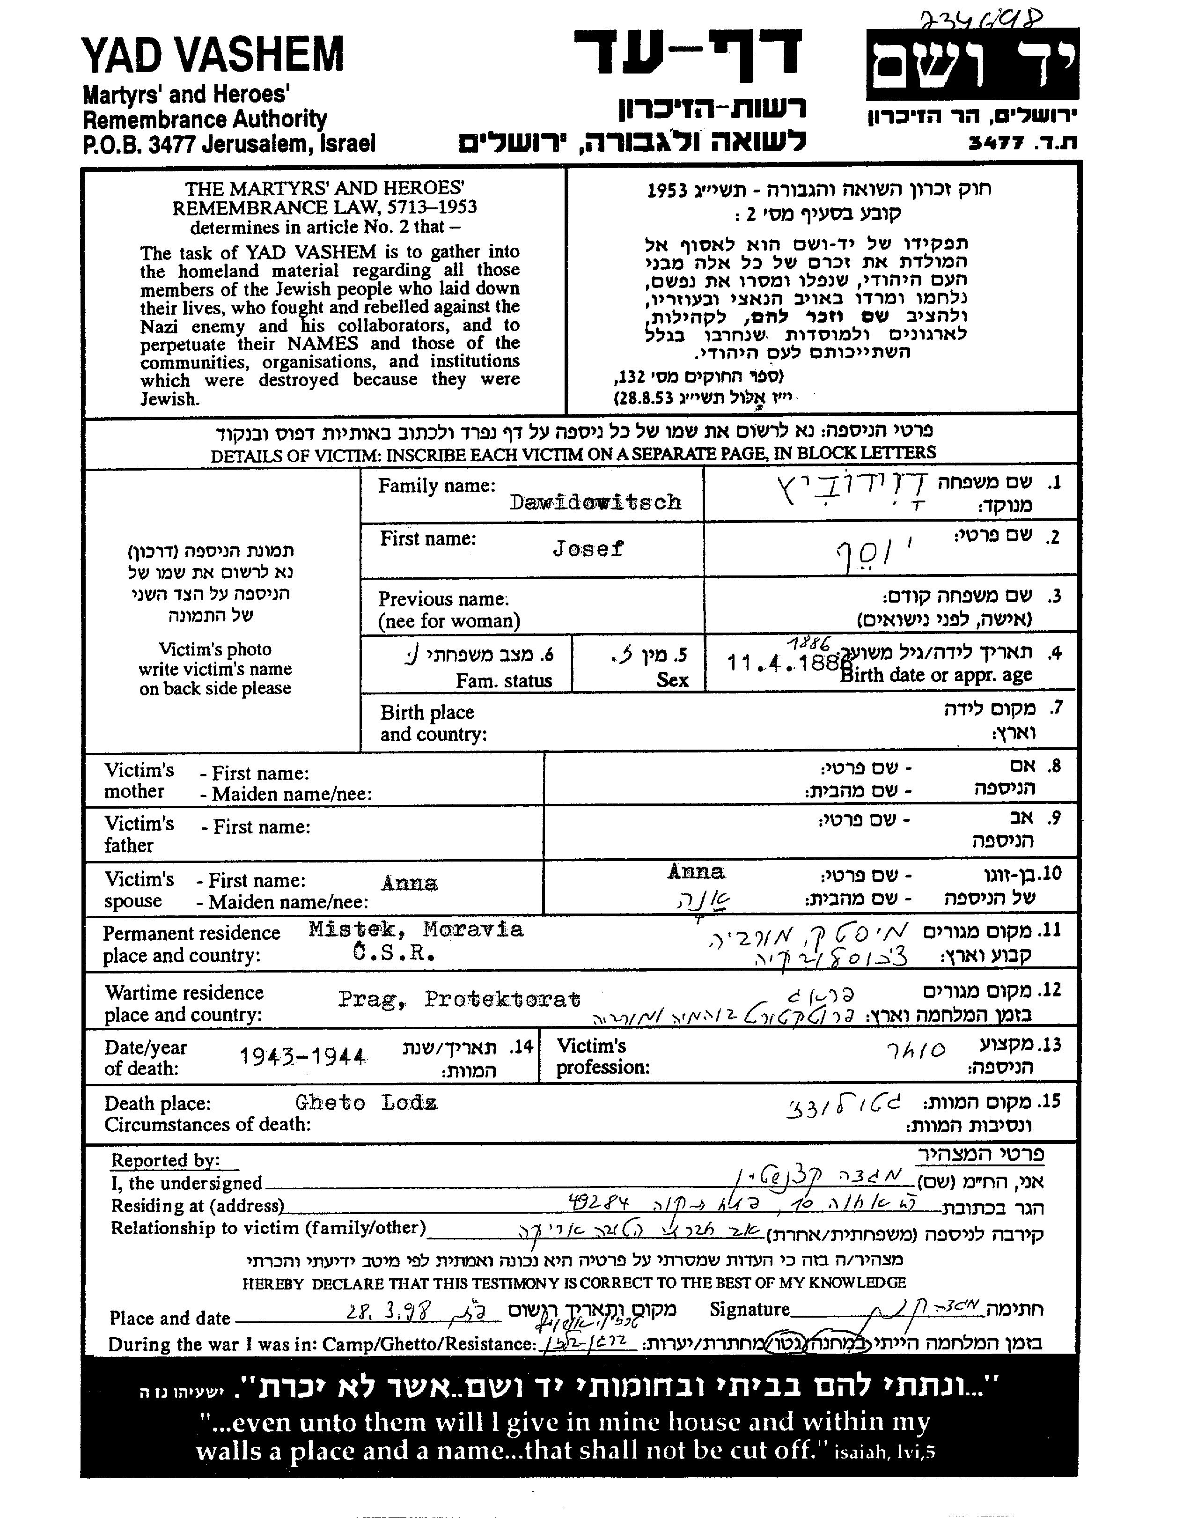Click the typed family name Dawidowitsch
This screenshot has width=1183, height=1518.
point(595,502)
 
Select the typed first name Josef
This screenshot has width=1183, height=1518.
point(588,549)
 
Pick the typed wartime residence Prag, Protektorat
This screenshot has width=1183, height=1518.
point(459,1000)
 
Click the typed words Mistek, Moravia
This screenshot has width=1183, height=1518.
point(416,929)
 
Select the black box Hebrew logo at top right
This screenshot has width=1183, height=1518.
point(972,64)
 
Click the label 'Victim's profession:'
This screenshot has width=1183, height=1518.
point(602,1056)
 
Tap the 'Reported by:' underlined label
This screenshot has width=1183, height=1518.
point(165,1160)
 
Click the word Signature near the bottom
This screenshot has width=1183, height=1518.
point(749,1310)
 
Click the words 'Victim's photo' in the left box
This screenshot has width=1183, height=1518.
point(215,649)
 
